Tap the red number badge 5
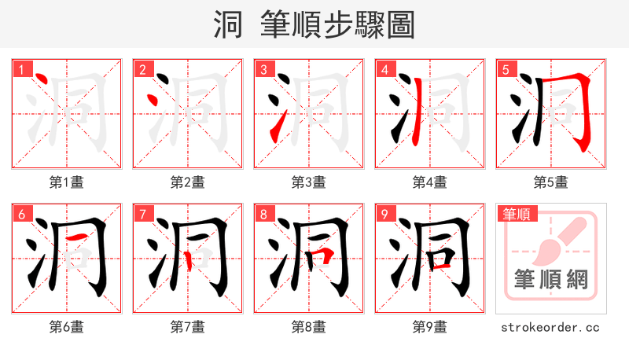[506, 69]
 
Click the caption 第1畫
[66, 182]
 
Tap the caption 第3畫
[308, 182]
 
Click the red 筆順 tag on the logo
[516, 214]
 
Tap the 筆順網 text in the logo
[550, 279]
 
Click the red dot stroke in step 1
[42, 80]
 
